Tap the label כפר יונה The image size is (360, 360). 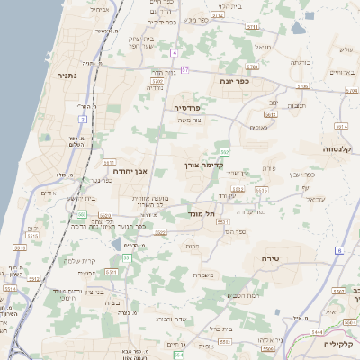coord(233,81)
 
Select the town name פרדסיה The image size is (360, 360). coord(192,107)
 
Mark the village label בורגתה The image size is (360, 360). coord(301,63)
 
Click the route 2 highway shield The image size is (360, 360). coord(83,119)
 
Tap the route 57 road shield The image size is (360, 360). coord(185,69)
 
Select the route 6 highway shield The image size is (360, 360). coord(339,250)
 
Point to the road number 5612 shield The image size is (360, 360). coord(232,191)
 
